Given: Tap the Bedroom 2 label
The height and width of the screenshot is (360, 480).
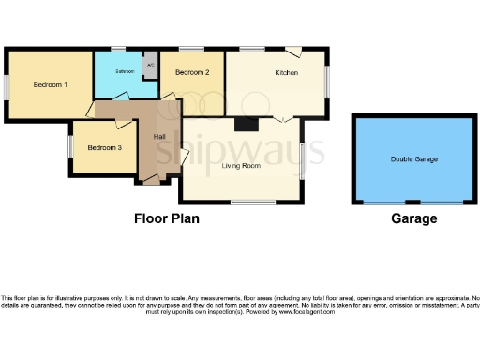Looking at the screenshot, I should point(192,72).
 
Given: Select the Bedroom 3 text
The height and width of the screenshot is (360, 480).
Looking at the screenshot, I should point(104,147).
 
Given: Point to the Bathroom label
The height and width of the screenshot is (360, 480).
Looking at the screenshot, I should point(126,71).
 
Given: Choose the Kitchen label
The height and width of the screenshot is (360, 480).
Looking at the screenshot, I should point(286,72).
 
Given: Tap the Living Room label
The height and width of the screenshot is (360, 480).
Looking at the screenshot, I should point(240,166).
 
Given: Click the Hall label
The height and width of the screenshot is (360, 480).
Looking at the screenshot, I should point(159,138).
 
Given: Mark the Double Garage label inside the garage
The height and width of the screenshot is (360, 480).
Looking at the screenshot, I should point(413,159).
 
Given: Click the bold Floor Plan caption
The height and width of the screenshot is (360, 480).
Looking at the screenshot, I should point(165,218).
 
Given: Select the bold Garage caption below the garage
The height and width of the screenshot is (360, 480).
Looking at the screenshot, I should point(413,218).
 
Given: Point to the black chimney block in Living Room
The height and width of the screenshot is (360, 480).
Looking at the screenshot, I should point(246,123).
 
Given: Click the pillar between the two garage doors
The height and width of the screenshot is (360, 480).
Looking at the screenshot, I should point(413,203).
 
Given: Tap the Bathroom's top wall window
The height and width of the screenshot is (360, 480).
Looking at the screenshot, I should point(118,49).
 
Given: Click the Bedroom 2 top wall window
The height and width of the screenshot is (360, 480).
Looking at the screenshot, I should point(192,49).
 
